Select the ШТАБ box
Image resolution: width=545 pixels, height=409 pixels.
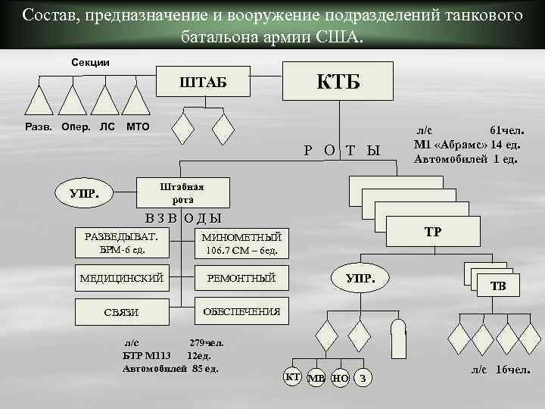click(201, 82)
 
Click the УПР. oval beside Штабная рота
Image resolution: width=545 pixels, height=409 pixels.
click(83, 193)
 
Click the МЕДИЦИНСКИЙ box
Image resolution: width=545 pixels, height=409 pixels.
click(121, 279)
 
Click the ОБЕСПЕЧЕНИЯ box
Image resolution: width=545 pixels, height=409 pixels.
click(241, 312)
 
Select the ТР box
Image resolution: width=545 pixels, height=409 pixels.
click(432, 232)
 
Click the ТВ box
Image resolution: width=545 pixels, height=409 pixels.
click(498, 286)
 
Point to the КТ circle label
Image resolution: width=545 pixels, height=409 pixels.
click(291, 376)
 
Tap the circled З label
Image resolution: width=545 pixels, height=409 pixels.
click(364, 377)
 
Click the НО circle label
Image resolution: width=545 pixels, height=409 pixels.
click(341, 377)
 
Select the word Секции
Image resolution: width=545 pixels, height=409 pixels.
click(90, 61)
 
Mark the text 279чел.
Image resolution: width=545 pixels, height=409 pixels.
click(206, 342)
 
